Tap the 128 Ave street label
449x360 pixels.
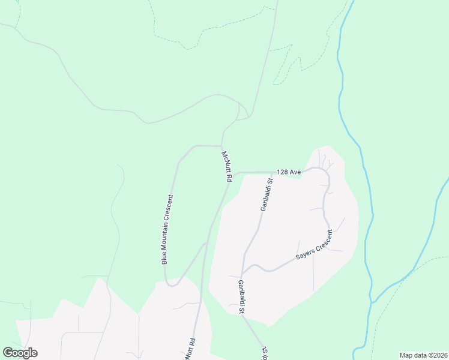(288, 172)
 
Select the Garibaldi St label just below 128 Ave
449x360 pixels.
(266, 194)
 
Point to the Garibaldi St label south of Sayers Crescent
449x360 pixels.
(241, 297)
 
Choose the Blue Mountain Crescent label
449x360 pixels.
(167, 229)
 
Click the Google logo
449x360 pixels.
(20, 353)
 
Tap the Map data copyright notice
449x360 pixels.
(423, 355)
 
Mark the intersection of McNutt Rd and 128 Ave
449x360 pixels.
(231, 175)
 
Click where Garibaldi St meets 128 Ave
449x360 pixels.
(272, 172)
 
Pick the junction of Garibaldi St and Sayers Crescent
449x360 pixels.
(243, 269)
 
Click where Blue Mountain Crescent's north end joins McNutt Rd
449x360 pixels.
(221, 146)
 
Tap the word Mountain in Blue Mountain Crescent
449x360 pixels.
(167, 231)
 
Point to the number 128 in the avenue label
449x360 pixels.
(282, 172)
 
